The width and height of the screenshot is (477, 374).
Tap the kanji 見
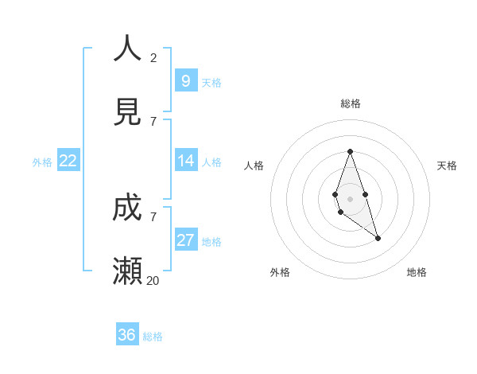[x=127, y=112]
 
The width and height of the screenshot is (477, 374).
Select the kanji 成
[x=127, y=208]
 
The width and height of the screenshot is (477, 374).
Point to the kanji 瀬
[x=127, y=271]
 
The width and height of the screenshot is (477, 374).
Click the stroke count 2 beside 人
[x=153, y=58]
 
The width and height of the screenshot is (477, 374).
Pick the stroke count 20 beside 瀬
[x=153, y=281]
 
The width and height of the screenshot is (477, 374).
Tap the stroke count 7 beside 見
[x=153, y=121]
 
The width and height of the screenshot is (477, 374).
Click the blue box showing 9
[x=185, y=81]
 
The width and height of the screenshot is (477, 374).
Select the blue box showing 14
[x=185, y=161]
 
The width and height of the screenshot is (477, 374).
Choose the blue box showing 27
[x=185, y=240]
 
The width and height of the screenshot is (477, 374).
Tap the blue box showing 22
[x=68, y=161]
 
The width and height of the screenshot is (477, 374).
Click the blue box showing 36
[x=127, y=335]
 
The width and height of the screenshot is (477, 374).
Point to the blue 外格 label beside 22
[x=42, y=162]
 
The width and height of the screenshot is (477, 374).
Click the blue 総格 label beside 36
[x=153, y=337]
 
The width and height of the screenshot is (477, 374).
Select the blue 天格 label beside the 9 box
[x=211, y=83]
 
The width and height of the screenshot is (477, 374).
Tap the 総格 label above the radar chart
[x=350, y=103]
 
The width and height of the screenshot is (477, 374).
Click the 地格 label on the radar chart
[x=417, y=272]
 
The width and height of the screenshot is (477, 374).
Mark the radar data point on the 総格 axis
[x=350, y=151]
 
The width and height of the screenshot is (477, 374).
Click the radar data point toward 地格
[x=378, y=238]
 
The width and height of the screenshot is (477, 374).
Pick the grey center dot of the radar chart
[x=350, y=198]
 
